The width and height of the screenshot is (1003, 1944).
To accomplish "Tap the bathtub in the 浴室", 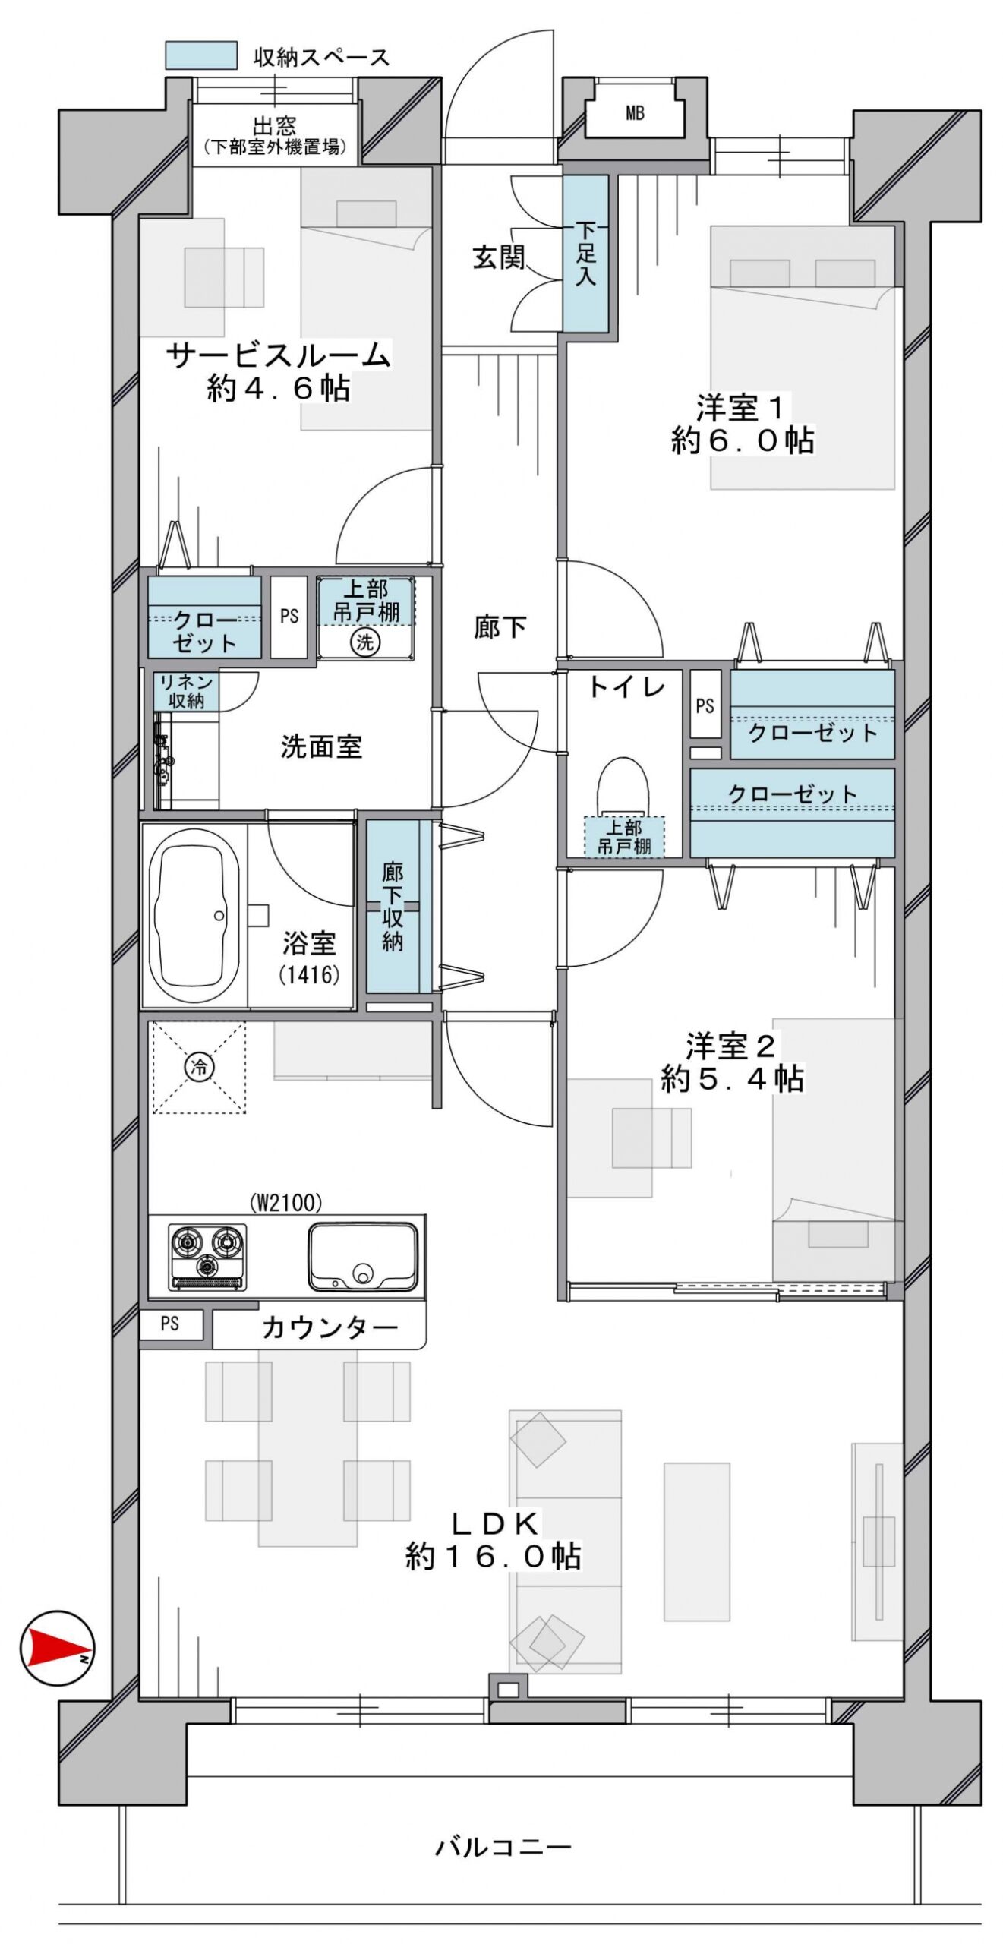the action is [x=194, y=916].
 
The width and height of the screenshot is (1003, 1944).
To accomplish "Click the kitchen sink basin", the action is [x=362, y=1256].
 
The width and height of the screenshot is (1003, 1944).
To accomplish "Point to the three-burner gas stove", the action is [x=207, y=1257].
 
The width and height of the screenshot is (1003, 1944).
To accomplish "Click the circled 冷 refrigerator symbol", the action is [x=199, y=1067].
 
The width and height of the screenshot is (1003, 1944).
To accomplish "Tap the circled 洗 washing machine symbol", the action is [x=364, y=642].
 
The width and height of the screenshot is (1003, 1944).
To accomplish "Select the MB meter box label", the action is [x=635, y=114].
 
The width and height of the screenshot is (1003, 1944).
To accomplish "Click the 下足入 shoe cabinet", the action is [x=585, y=253].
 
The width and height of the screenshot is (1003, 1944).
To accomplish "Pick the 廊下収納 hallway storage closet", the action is [x=393, y=906].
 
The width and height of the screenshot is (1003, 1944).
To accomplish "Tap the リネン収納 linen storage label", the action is [x=185, y=691].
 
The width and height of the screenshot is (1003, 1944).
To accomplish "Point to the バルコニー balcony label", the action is [x=503, y=1847].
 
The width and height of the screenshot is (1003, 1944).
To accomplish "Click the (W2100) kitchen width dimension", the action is [x=285, y=1203].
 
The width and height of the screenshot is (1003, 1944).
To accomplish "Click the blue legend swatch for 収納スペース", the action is [x=200, y=55].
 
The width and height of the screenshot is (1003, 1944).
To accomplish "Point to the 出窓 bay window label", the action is [x=274, y=125].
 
